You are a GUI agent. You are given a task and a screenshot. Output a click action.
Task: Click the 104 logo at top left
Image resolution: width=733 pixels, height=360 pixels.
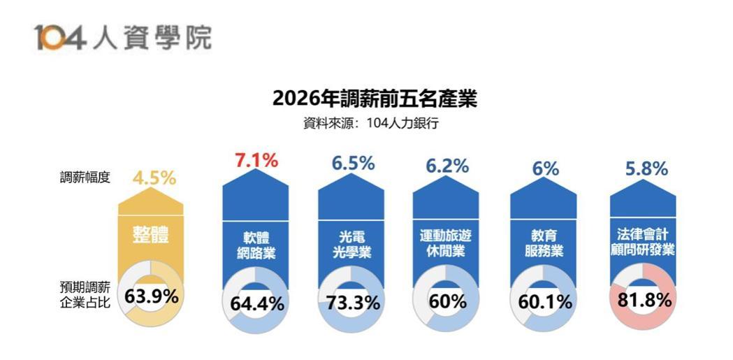pos(59,38)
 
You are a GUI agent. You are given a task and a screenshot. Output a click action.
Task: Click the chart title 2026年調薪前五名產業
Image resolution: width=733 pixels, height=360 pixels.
pos(375,99)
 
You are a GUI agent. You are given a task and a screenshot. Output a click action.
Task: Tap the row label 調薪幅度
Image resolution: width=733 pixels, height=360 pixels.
pos(85,178)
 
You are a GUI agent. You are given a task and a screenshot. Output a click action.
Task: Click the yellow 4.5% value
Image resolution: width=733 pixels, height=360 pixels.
pos(154,178)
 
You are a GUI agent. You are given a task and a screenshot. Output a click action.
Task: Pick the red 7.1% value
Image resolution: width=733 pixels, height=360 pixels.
pos(256,161)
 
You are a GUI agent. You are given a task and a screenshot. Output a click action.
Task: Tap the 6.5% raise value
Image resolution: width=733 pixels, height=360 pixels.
pos(353,164)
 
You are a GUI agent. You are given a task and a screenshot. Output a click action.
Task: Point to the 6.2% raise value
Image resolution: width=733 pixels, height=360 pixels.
pos(447,166)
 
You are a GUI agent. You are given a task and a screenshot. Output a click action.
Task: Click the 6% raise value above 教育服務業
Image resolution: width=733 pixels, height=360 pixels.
pos(545,168)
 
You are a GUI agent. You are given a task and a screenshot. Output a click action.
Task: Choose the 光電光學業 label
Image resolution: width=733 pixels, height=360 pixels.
pos(352,244)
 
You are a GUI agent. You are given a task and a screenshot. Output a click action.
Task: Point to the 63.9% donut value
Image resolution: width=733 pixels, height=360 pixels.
pos(152,296)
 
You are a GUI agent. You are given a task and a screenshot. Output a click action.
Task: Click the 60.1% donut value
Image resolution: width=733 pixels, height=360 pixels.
pos(545,303)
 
